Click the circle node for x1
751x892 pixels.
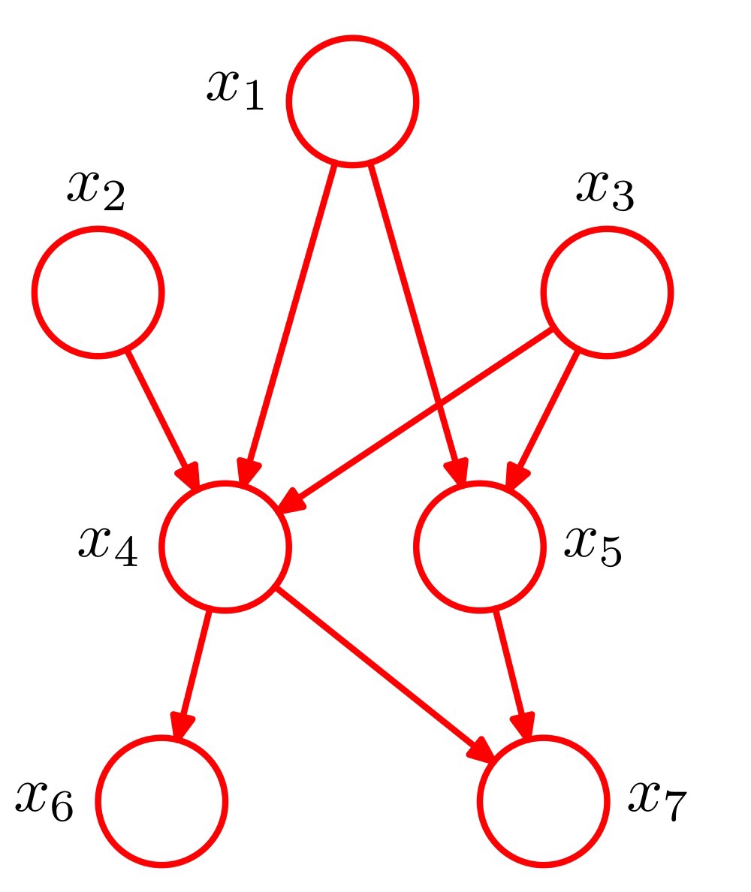(x=351, y=101)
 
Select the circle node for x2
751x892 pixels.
(x=97, y=292)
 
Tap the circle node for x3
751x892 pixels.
(x=607, y=292)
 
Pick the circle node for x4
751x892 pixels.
(x=225, y=547)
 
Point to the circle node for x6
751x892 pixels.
(x=161, y=801)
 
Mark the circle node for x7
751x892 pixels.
(x=543, y=801)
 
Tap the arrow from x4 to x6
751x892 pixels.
(x=195, y=664)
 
